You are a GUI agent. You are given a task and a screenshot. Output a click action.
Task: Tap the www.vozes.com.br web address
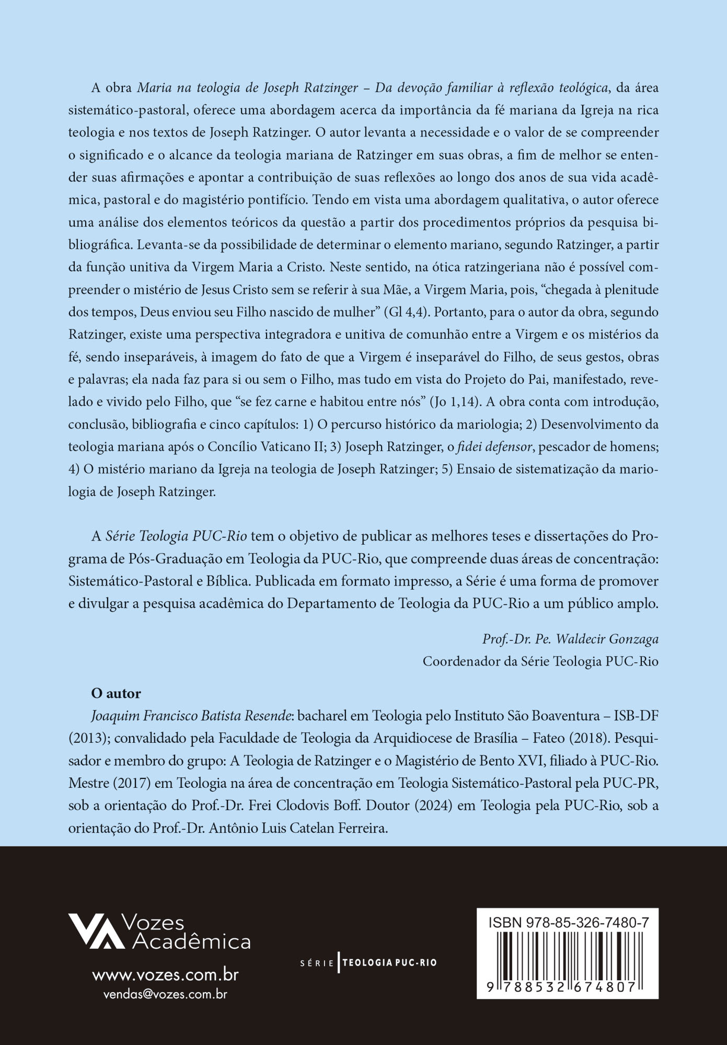[165, 975]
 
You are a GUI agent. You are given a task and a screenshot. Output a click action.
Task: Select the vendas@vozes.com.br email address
[165, 994]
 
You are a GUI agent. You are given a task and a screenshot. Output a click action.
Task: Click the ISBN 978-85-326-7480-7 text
[569, 923]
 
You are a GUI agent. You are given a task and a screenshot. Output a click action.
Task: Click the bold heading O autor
[116, 694]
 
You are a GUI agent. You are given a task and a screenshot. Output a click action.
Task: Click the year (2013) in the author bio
[89, 739]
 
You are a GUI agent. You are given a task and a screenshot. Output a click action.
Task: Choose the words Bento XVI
[512, 761]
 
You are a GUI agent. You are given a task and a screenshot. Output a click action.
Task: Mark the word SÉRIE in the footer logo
[317, 963]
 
